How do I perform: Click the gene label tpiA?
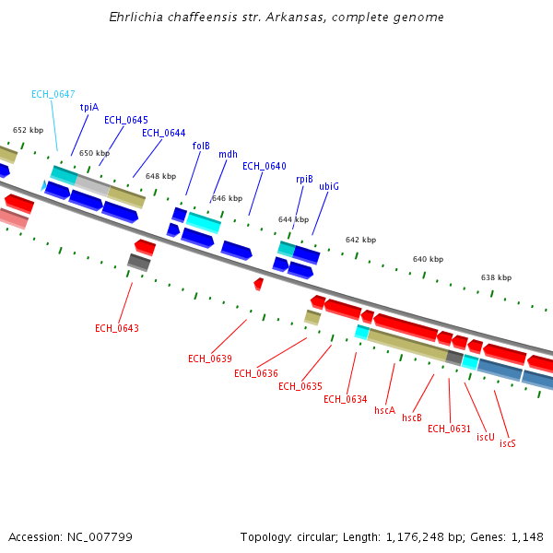[88, 107]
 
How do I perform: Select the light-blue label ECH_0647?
[53, 94]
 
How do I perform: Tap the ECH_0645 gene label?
[126, 120]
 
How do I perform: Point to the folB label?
[201, 146]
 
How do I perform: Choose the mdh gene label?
[228, 154]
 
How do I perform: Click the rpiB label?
[304, 179]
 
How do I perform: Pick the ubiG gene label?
[329, 186]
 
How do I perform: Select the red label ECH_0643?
[117, 328]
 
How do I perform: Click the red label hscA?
[384, 410]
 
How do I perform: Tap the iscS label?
[508, 443]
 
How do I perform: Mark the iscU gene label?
[485, 436]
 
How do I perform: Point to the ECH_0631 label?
[450, 429]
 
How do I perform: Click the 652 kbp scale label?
[28, 130]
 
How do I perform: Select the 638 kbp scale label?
[496, 277]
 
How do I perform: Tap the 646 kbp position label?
[227, 198]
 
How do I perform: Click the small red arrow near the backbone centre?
[258, 284]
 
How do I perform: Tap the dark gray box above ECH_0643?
[138, 262]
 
